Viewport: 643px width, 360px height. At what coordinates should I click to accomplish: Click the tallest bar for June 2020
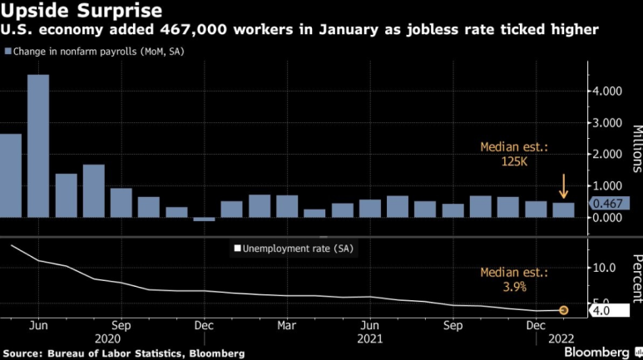(x=38, y=145)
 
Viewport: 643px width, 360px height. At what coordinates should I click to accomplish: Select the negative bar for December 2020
(x=204, y=219)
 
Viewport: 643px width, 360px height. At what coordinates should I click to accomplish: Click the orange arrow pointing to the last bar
(x=563, y=186)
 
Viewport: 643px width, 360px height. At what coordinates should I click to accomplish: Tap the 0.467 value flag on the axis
(x=609, y=204)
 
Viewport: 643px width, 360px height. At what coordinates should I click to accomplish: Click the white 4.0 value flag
(x=609, y=310)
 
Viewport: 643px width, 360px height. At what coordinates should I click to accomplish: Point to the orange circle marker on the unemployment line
(x=563, y=310)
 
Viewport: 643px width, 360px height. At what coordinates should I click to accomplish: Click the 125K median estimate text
(x=514, y=161)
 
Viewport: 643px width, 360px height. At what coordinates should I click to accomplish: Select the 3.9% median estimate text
(x=514, y=287)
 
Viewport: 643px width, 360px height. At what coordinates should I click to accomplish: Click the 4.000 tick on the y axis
(x=607, y=91)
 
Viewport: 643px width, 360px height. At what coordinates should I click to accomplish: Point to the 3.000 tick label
(x=607, y=122)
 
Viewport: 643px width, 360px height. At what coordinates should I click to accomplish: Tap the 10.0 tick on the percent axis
(x=604, y=268)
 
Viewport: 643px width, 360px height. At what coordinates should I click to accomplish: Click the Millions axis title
(x=637, y=149)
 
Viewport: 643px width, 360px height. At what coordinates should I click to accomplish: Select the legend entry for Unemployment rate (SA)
(x=294, y=249)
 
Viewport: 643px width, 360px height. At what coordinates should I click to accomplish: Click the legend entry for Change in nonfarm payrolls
(x=94, y=52)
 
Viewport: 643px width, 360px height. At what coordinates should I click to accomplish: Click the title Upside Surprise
(x=82, y=10)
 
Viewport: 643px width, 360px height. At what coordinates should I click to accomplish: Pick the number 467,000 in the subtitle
(x=194, y=30)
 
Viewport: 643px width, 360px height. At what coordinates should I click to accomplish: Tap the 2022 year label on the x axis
(x=561, y=338)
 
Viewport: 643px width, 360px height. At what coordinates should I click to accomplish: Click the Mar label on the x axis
(x=286, y=326)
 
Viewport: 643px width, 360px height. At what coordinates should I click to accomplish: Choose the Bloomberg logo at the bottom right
(x=596, y=353)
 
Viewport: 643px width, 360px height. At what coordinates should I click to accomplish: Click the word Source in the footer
(x=22, y=353)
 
